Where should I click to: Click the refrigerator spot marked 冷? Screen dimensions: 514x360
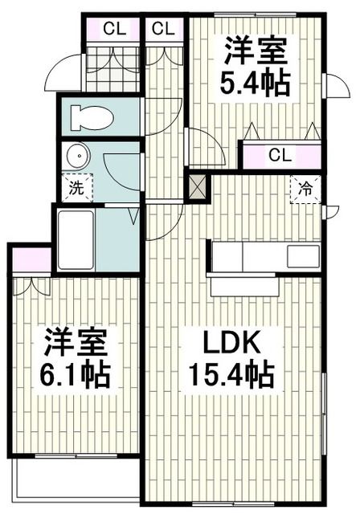coord(305,190)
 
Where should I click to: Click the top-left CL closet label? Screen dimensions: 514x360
coord(113,29)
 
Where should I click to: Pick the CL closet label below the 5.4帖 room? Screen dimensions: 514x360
coord(280,154)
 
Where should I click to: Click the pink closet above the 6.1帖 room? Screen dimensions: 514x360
coord(31,259)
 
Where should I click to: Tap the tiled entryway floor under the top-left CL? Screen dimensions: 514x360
coord(113,68)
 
